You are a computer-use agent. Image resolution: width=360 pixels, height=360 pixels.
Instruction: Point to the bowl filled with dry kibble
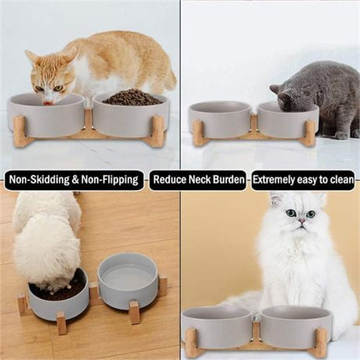click(130, 113)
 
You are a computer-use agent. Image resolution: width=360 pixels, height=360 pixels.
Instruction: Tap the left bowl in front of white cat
click(216, 326)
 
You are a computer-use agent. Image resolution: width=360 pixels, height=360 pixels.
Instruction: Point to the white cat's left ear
click(276, 198)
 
